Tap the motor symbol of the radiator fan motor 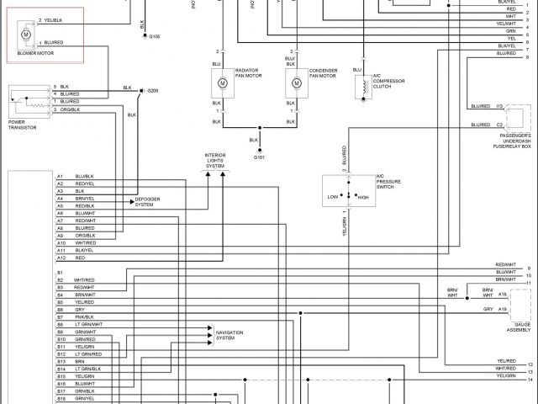[x=223, y=83]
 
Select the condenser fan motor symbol [x=297, y=83]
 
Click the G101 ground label [x=259, y=157]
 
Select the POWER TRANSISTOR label [x=23, y=125]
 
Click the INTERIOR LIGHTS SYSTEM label [x=215, y=161]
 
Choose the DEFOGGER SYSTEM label [x=149, y=202]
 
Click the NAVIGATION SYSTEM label [x=229, y=335]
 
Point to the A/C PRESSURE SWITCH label [x=388, y=181]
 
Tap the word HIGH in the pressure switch [x=363, y=197]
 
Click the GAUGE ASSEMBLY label [x=519, y=327]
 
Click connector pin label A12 [x=61, y=258]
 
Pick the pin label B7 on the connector [x=61, y=317]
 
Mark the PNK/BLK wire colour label [x=83, y=317]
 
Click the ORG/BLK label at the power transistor [x=69, y=109]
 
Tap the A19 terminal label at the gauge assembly [x=502, y=310]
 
